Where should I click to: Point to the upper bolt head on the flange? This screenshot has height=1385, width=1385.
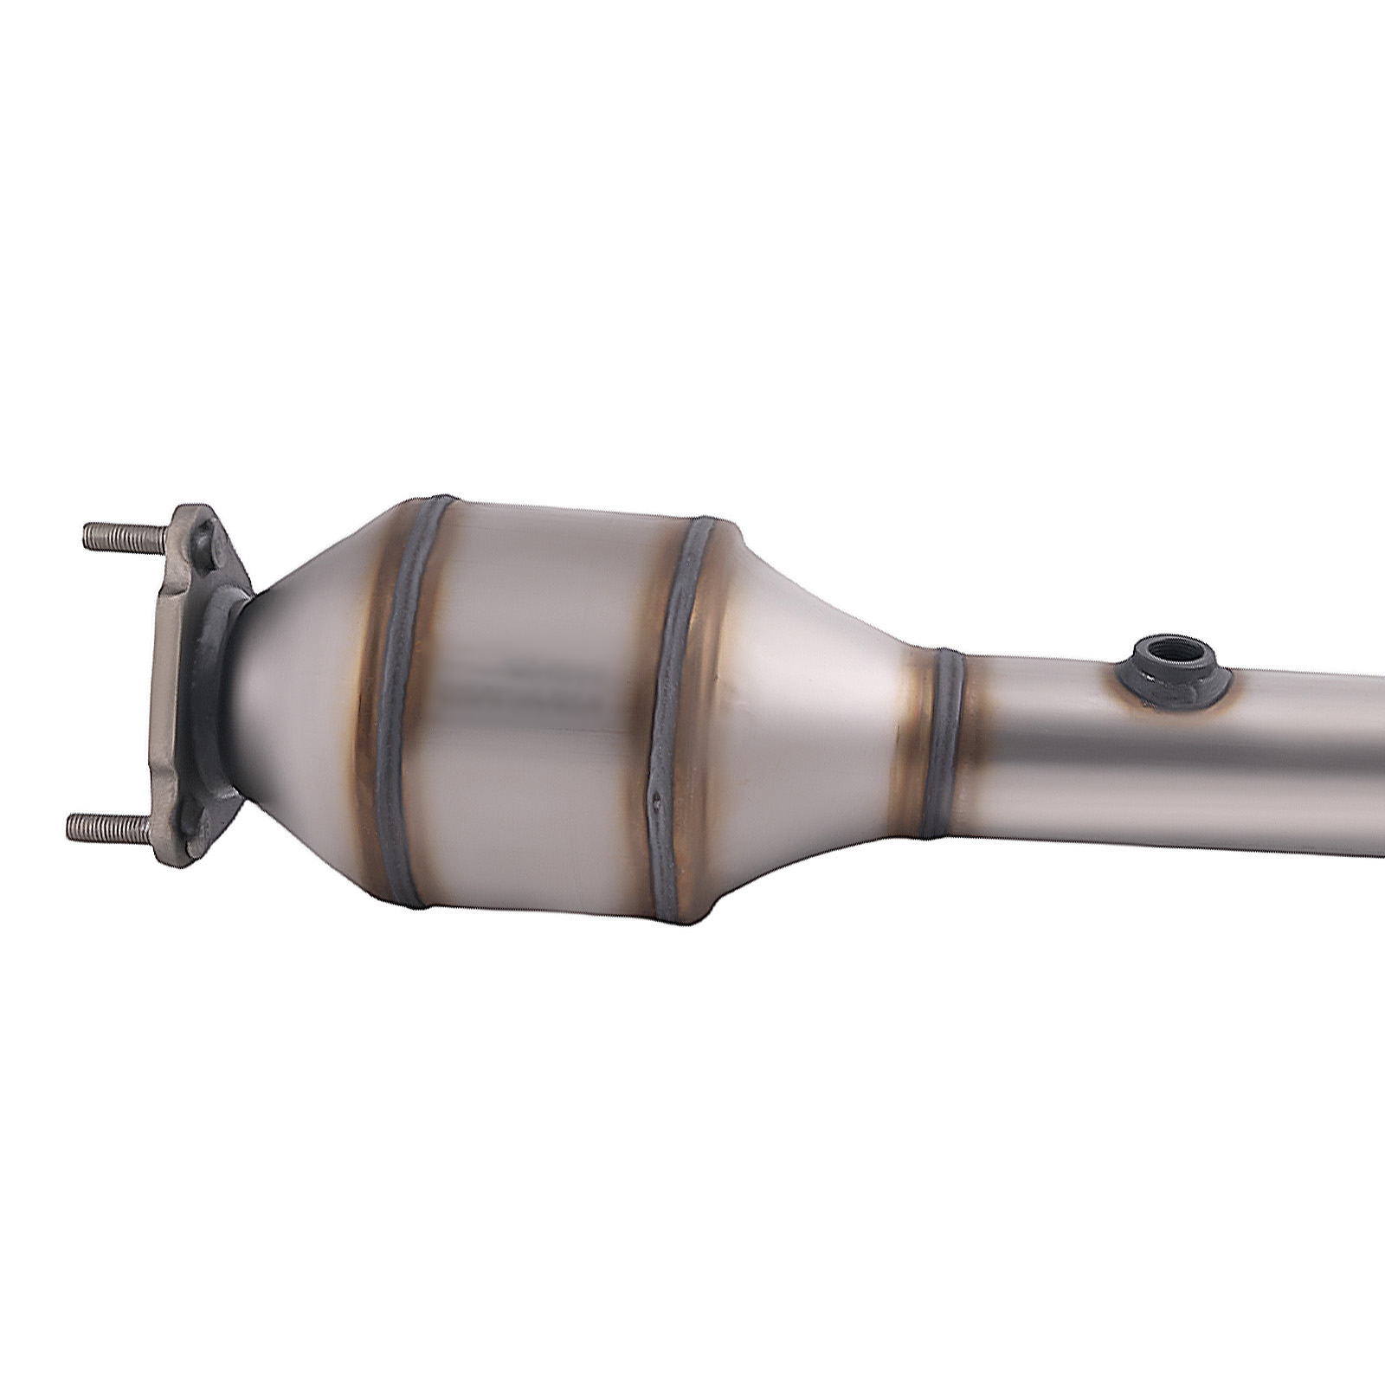click(x=205, y=545)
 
